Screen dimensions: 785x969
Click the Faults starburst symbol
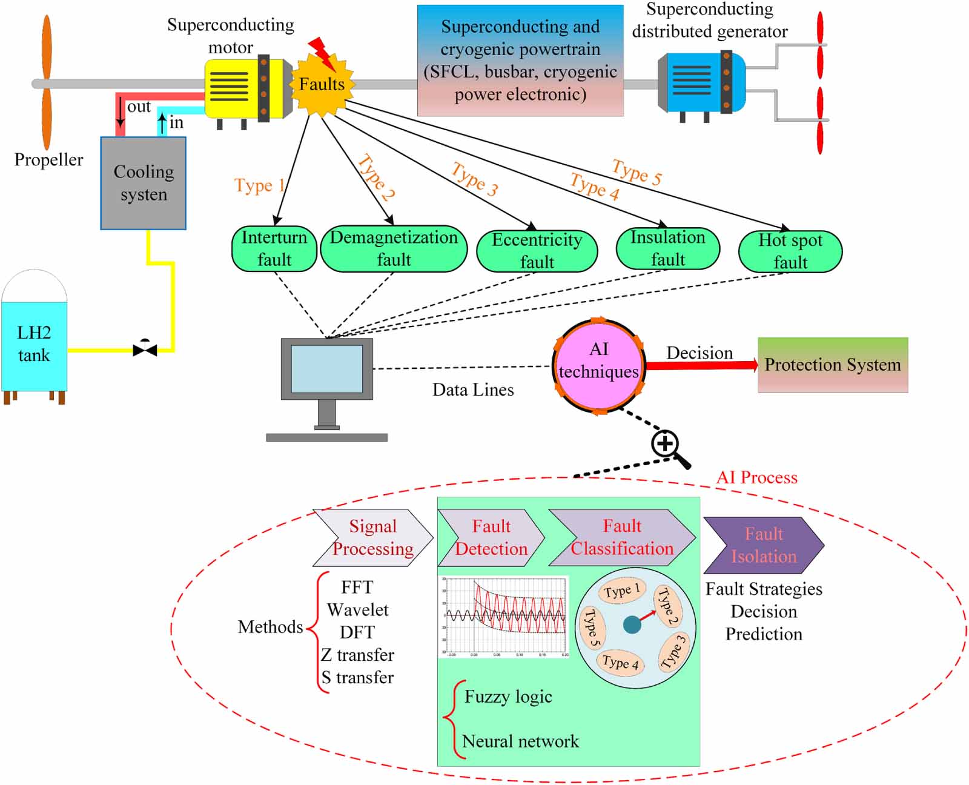[322, 84]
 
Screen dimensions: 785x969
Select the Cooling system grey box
[144, 183]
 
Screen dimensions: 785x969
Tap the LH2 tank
[34, 344]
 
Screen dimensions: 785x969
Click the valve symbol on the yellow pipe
[145, 348]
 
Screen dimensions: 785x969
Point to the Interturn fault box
[274, 248]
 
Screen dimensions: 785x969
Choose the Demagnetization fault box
[394, 248]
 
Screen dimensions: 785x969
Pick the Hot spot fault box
[790, 251]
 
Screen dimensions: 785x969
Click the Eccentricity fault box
[537, 251]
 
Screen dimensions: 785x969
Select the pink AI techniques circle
[598, 365]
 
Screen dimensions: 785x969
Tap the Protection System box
[833, 365]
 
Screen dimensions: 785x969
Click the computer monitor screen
[326, 369]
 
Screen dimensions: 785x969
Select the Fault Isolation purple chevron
[763, 545]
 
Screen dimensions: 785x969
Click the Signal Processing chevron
[372, 538]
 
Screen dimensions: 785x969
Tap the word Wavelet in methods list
[357, 610]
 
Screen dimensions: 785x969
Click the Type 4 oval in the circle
[620, 663]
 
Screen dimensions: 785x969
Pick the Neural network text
[520, 741]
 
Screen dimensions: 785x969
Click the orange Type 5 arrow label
[637, 172]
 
